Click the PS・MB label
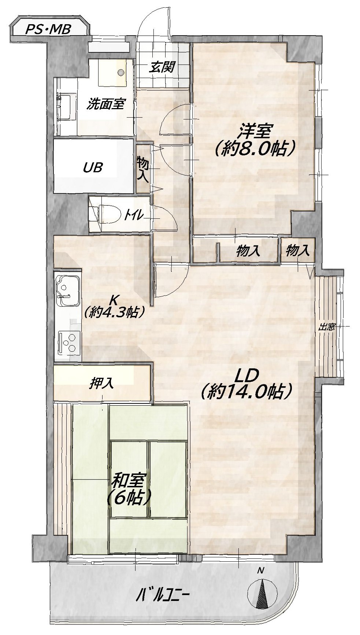click(x=48, y=29)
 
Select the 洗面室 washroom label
click(x=105, y=104)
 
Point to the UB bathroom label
click(x=93, y=167)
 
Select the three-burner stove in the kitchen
click(x=70, y=342)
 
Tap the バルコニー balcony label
click(x=163, y=597)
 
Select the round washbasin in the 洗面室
click(x=120, y=71)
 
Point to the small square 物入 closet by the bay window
click(x=298, y=250)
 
